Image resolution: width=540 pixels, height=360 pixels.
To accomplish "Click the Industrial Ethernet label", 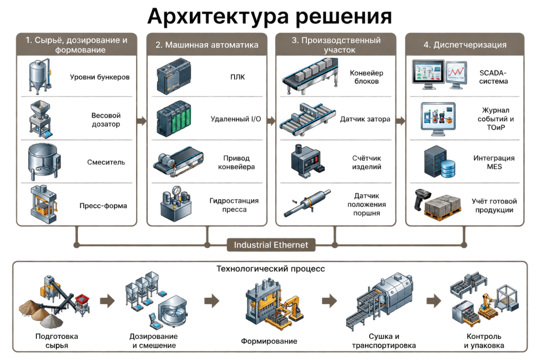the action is pos(271,245).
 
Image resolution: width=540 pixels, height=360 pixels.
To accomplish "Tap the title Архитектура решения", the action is pos(269,16).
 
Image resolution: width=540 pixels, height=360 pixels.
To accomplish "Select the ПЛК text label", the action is pos(238,77).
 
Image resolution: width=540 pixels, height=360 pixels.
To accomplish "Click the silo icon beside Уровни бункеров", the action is pos(40,76).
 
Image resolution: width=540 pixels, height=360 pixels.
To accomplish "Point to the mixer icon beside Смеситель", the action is pos(44,162).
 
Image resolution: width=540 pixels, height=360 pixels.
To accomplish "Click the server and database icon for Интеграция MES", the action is pos(439,162).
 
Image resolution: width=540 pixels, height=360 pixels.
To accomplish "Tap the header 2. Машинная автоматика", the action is pos(207,45).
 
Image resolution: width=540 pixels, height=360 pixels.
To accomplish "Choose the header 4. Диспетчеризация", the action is pos(465,45).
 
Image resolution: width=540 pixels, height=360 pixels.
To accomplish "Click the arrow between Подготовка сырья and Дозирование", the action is pos(107,301).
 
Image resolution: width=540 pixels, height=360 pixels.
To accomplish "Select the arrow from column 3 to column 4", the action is pos(401,121).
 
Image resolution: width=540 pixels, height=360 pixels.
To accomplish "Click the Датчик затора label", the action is pos(365,119).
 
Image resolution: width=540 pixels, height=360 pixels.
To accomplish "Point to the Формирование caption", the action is pos(269,341).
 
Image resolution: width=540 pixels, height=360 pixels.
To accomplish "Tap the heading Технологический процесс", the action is pos(271,268).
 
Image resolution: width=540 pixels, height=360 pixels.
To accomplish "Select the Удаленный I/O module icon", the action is pos(174,119).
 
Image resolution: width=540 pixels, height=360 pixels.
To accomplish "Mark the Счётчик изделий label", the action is pos(367,162).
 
